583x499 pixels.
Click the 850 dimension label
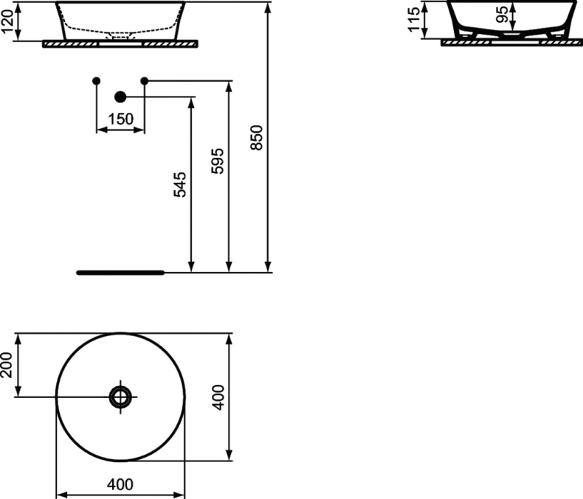(257, 137)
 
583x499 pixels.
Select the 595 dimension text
(218, 161)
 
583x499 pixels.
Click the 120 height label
(8, 21)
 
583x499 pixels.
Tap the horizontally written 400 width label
(120, 484)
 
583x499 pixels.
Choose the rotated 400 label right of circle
(218, 397)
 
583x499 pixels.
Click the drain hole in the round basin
(120, 397)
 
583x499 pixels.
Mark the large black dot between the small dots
(120, 97)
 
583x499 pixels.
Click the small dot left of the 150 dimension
(96, 80)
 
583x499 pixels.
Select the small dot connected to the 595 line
(145, 80)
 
